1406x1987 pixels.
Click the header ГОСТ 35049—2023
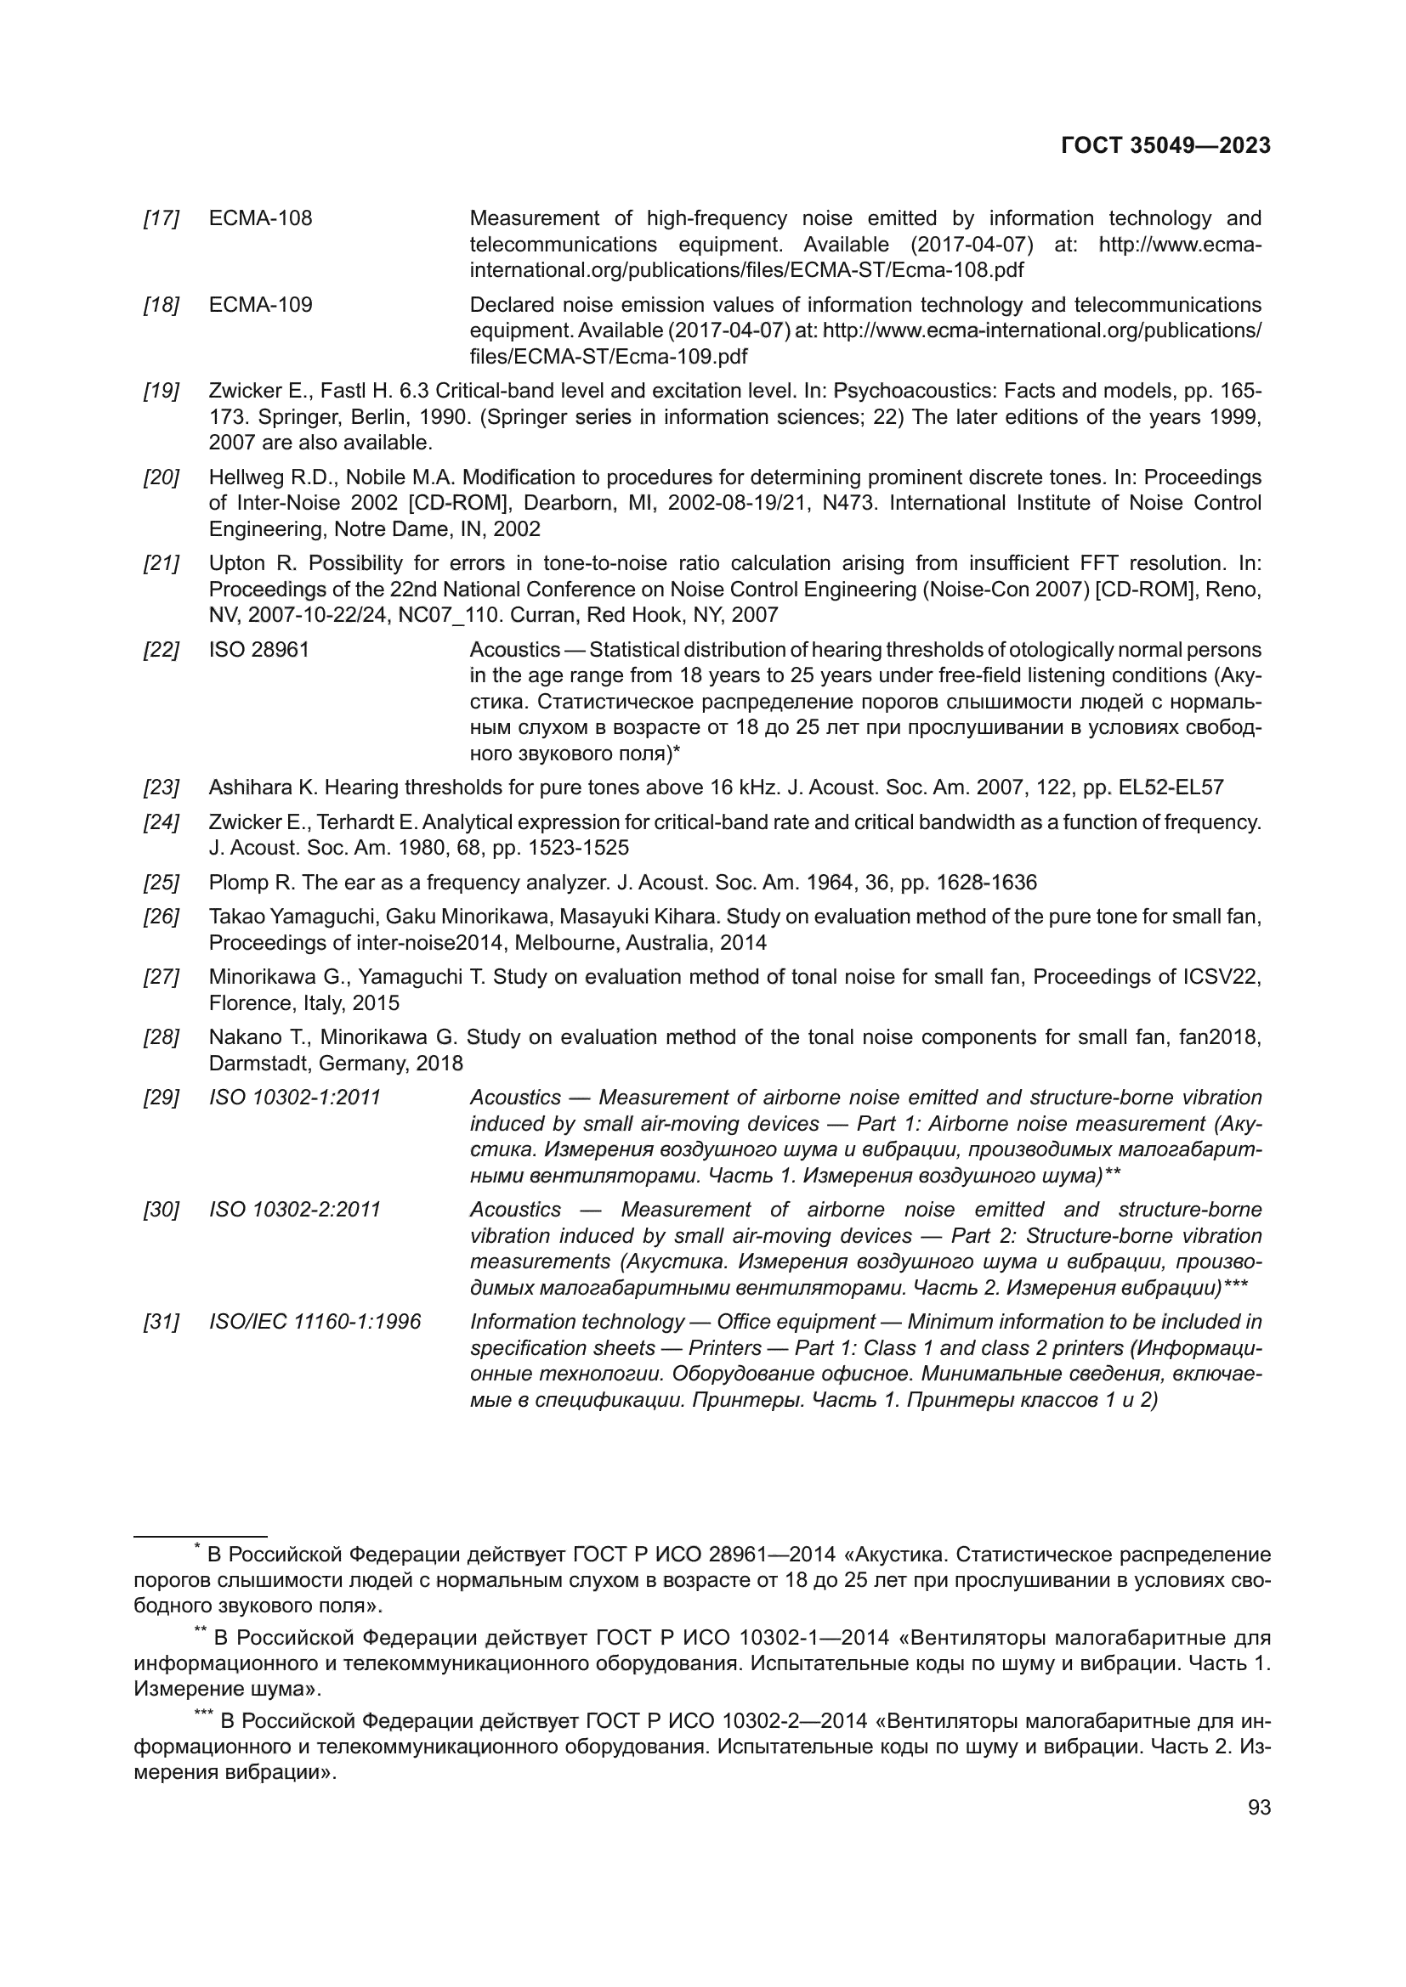[1165, 145]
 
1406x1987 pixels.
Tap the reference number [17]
[161, 218]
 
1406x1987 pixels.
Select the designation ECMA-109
[261, 305]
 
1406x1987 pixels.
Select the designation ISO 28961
[259, 649]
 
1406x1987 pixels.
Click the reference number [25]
[161, 883]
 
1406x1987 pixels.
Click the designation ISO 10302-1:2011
[294, 1098]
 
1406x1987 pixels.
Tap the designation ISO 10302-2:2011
[294, 1209]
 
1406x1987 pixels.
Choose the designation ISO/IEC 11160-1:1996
[315, 1322]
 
